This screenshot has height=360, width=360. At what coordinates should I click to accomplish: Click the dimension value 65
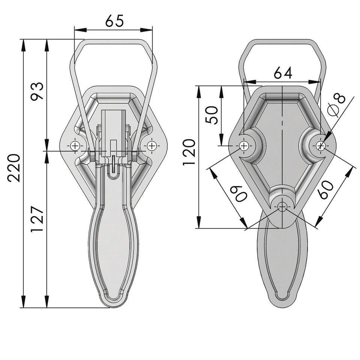(114, 21)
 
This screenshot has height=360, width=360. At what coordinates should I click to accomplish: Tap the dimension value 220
(14, 168)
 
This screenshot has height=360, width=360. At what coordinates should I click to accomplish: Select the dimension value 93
(37, 91)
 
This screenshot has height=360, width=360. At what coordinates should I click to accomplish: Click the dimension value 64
(283, 73)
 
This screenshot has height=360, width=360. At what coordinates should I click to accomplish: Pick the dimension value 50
(211, 115)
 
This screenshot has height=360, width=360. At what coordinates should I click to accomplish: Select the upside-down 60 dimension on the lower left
(239, 193)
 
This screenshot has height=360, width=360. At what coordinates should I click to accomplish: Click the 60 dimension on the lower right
(325, 190)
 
